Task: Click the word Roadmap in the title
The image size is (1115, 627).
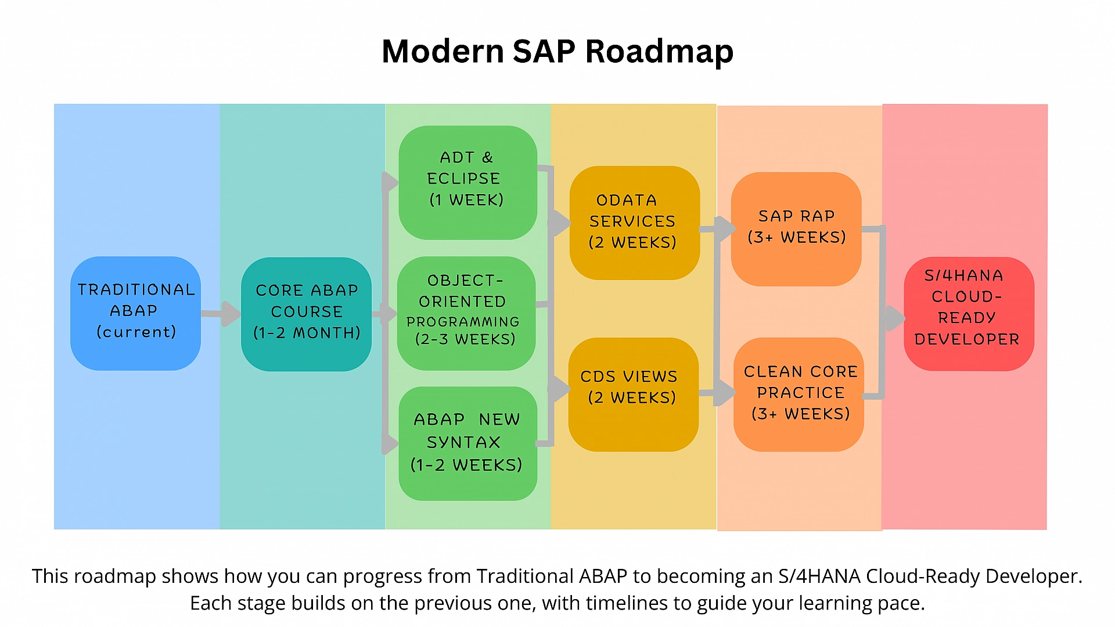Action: point(659,52)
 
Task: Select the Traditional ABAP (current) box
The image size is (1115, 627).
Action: point(135,313)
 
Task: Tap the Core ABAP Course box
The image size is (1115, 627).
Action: point(306,314)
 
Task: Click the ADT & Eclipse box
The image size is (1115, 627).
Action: point(467,182)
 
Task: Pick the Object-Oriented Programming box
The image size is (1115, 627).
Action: point(466,313)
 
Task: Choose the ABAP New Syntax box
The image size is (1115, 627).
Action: point(467,443)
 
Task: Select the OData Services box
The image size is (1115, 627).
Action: point(634,223)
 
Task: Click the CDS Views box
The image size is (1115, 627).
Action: point(633,394)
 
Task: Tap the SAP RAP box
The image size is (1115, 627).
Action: point(796,228)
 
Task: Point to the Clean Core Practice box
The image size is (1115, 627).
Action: point(799,394)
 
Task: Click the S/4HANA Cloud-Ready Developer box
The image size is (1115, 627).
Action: point(968,313)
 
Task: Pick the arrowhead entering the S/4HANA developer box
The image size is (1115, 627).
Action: point(894,318)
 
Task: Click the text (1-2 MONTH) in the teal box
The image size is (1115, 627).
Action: point(307,333)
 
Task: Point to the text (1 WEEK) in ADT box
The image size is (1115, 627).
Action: point(466,200)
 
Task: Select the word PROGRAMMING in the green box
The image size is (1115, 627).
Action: point(463,321)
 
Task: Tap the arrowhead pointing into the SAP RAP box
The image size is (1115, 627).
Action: point(725,229)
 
